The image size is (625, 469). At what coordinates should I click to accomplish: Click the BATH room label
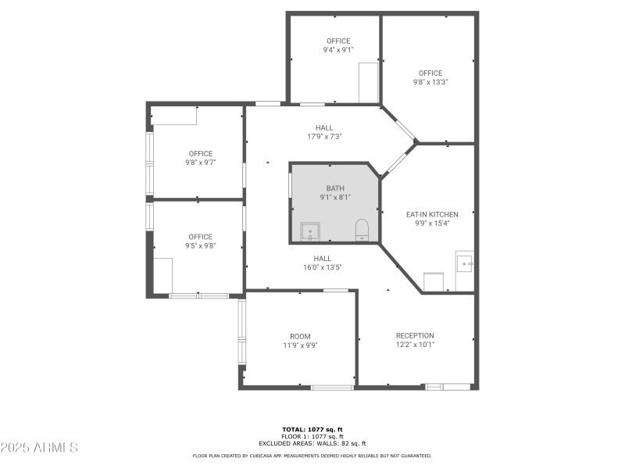(334, 188)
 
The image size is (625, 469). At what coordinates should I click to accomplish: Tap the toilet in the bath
(362, 230)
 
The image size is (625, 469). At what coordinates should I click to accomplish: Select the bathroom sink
(309, 232)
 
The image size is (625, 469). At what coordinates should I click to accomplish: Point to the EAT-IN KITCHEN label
(432, 214)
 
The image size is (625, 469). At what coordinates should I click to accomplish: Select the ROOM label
(300, 335)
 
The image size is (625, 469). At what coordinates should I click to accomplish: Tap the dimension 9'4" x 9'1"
(338, 50)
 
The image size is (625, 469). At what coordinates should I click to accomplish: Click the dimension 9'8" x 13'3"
(430, 82)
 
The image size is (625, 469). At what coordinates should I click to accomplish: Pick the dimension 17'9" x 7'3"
(324, 137)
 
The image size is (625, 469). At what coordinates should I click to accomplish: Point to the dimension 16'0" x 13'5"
(323, 267)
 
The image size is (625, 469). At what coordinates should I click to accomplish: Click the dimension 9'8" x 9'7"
(200, 163)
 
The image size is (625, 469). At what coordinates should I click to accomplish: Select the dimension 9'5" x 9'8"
(200, 245)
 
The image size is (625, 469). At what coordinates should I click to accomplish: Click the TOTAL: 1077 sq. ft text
(312, 429)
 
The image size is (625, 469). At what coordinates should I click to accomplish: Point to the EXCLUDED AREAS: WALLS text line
(312, 443)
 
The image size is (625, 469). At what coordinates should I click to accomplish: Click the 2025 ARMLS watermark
(39, 448)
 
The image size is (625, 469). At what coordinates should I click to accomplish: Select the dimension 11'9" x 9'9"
(300, 345)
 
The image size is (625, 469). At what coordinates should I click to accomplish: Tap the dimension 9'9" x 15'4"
(432, 224)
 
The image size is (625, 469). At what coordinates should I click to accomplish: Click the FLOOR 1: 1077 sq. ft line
(312, 436)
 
